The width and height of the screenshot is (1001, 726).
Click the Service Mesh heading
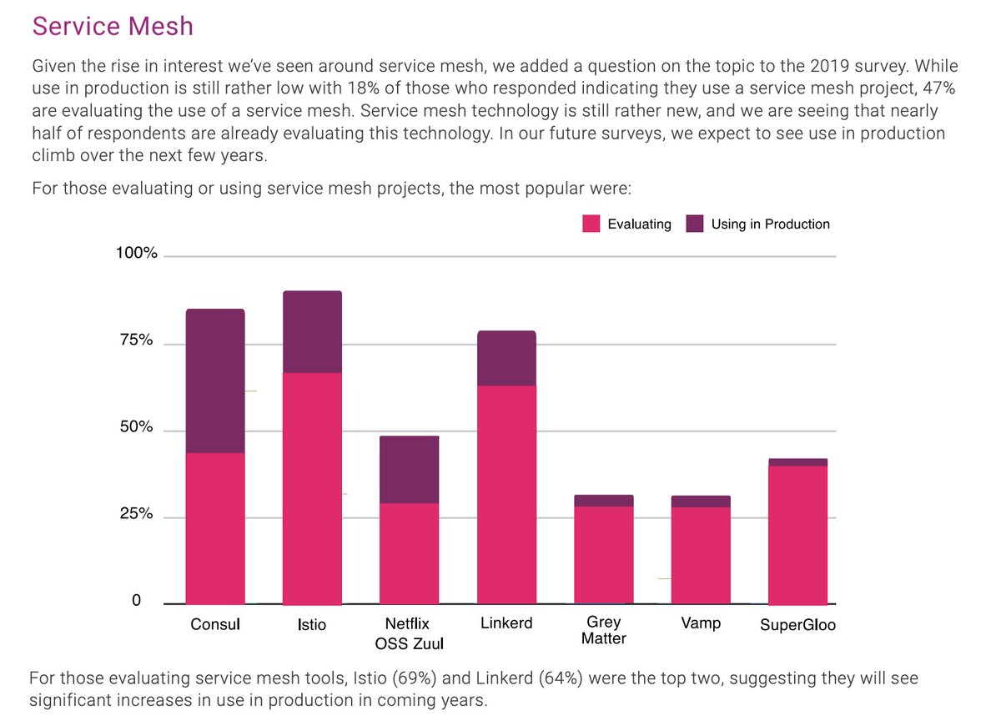113,26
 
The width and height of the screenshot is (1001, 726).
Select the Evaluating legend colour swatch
591,224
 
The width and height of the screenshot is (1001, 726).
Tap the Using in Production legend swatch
695,224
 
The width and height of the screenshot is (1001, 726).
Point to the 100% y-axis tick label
136,254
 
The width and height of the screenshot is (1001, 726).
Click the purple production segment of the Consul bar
215,381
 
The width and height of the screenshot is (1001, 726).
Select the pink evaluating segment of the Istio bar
312,488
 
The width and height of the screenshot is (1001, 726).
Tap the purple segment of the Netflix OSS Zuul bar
409,469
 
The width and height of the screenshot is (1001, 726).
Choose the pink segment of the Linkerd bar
506,494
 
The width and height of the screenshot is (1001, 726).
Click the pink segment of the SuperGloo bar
797,534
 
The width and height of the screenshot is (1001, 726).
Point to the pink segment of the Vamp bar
701,555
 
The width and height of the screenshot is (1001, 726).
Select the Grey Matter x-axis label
604,631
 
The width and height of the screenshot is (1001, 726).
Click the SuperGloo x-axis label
797,625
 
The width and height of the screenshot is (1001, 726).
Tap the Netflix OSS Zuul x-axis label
408,633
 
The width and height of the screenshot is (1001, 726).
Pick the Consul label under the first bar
215,624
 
